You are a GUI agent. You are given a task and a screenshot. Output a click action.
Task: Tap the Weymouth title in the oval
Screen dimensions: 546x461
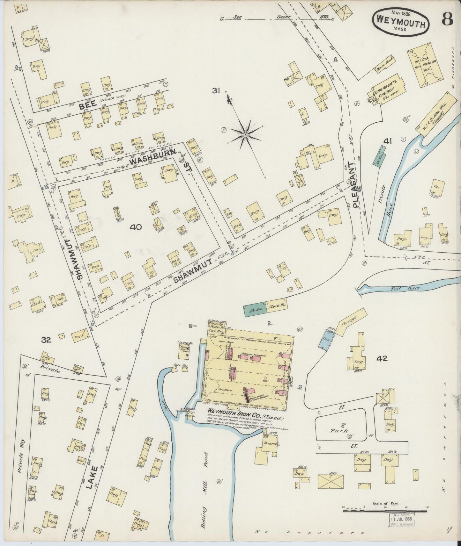(401, 23)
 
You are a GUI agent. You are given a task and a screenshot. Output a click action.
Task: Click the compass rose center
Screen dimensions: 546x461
(245, 135)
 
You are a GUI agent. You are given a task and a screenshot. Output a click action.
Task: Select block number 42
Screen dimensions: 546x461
(382, 358)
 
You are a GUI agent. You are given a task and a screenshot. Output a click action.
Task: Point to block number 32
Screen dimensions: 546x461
(46, 340)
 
